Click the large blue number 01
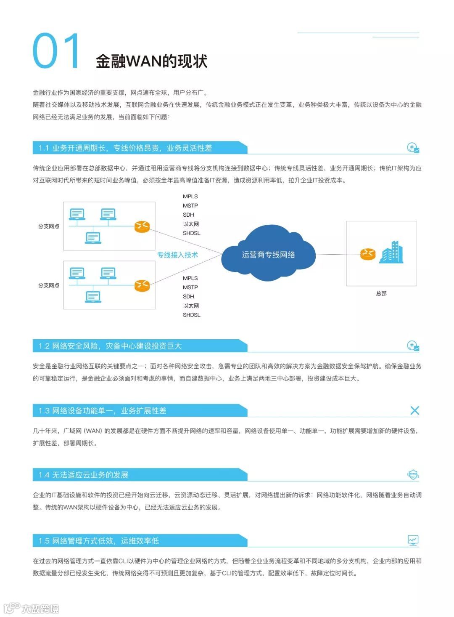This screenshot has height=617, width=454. click(56, 51)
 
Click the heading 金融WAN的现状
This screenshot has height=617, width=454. click(151, 61)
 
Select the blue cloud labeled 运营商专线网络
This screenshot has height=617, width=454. click(268, 254)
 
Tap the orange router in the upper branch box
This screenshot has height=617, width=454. click(142, 226)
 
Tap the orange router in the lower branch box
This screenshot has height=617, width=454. click(142, 285)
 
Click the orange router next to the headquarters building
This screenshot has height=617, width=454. click(367, 254)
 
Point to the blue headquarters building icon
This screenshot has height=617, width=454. click(391, 253)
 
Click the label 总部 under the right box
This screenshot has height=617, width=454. click(381, 293)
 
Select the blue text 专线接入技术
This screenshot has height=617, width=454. click(177, 255)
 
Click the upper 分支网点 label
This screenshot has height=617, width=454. click(49, 226)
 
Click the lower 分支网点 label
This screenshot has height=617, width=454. click(49, 285)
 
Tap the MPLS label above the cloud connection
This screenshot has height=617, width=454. click(190, 197)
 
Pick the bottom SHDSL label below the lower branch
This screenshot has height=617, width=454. click(191, 315)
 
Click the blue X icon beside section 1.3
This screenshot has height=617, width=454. click(414, 410)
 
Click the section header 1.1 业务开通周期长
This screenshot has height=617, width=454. click(125, 148)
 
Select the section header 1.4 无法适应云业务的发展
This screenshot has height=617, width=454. click(84, 475)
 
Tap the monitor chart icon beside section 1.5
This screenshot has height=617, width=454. click(413, 540)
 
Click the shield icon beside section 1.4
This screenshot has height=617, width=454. click(413, 474)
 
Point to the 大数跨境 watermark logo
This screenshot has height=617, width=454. click(32, 608)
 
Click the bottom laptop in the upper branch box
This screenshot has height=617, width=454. click(93, 238)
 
